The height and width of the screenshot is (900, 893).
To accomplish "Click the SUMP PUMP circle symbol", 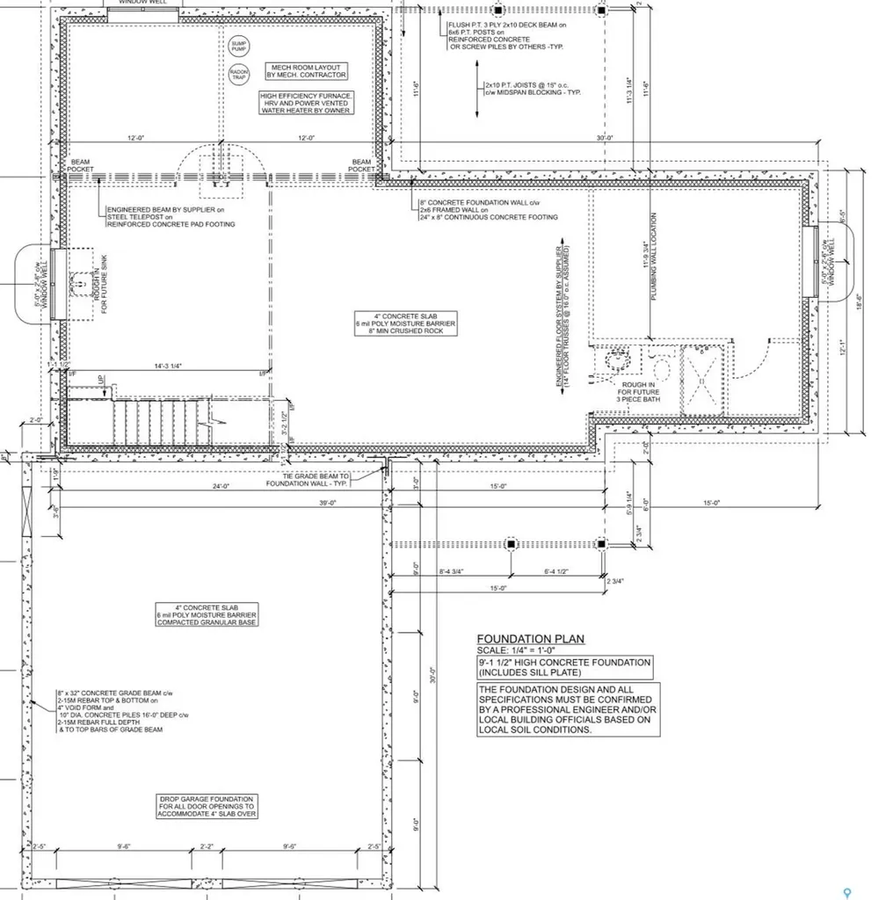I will click(239, 45).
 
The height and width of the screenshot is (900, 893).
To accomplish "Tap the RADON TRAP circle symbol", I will click(239, 75).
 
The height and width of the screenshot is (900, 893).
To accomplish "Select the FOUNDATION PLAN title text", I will click(530, 639).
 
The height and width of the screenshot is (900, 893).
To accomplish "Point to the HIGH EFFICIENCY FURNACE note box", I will click(306, 103).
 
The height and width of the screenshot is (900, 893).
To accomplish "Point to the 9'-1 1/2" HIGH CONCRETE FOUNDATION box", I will click(564, 667).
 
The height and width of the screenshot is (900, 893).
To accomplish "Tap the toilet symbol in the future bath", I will click(619, 360).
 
